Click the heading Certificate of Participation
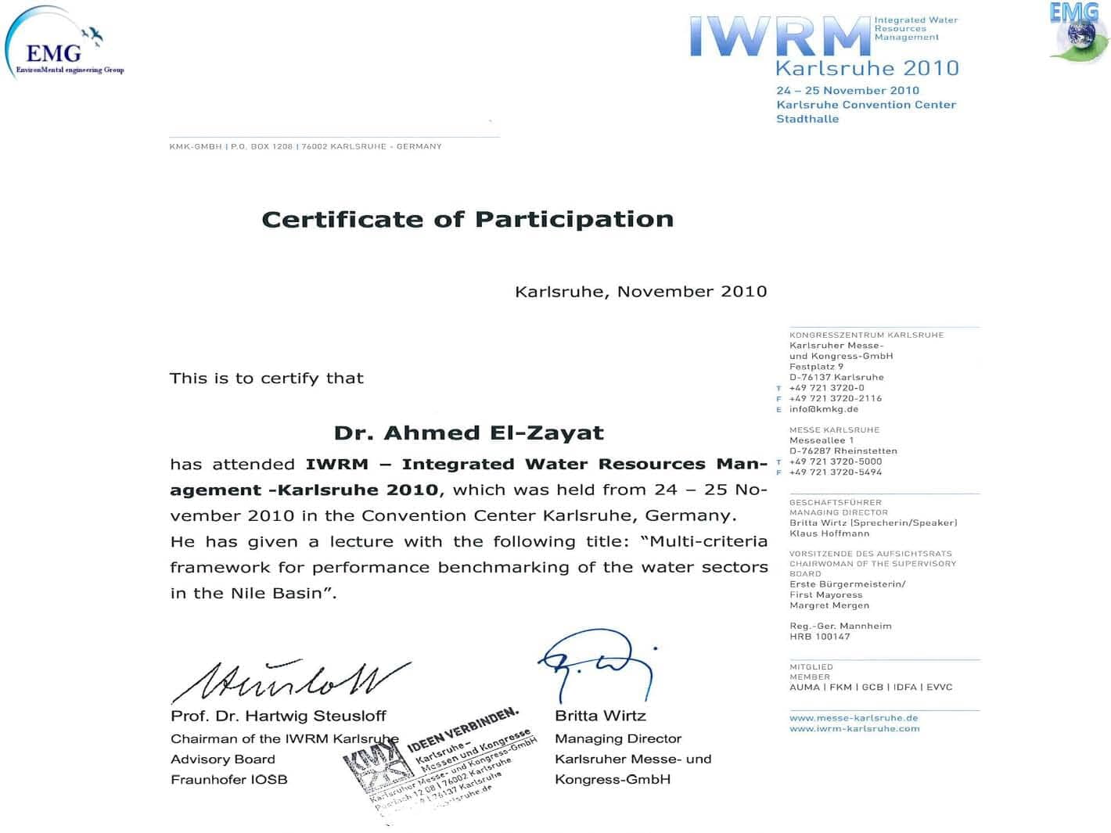pyautogui.click(x=467, y=219)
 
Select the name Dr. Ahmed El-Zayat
pyautogui.click(x=469, y=433)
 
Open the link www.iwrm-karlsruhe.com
pyautogui.click(x=854, y=728)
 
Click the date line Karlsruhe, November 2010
pyautogui.click(x=640, y=292)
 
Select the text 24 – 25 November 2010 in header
pyautogui.click(x=847, y=91)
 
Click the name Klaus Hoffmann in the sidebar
pyautogui.click(x=829, y=533)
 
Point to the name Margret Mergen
pyautogui.click(x=829, y=605)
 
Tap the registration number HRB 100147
pyautogui.click(x=819, y=637)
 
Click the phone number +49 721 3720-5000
pyautogui.click(x=835, y=461)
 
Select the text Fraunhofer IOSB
pyautogui.click(x=228, y=780)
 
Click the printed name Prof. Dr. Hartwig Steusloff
pyautogui.click(x=279, y=716)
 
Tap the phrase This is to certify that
pyautogui.click(x=267, y=379)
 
